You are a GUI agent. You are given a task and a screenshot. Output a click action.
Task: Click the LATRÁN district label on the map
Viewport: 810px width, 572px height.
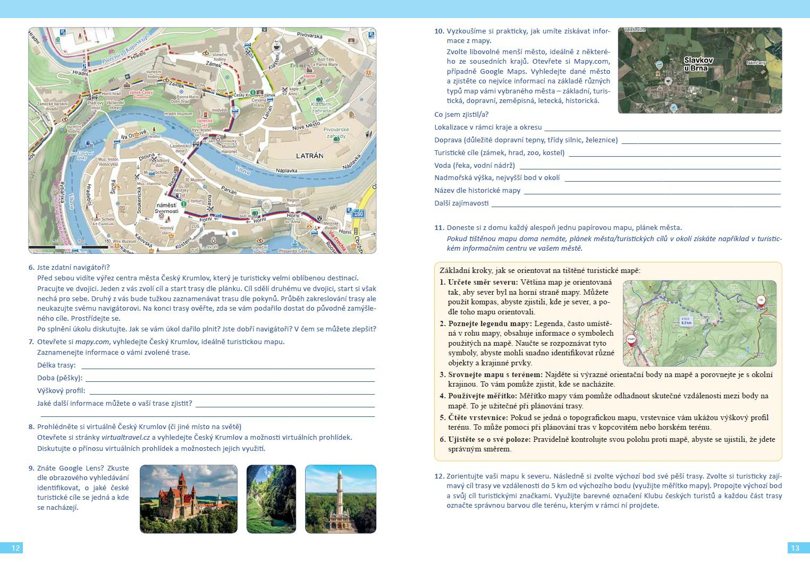pos(309,156)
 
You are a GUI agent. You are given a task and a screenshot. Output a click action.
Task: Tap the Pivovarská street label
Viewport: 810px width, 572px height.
pos(309,36)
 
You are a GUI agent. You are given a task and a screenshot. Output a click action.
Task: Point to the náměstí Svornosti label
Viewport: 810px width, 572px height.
pos(166,208)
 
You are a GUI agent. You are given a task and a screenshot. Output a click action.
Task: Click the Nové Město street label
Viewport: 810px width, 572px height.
pos(306,126)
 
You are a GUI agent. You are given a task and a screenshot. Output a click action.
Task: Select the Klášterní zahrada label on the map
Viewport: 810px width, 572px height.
pos(321,107)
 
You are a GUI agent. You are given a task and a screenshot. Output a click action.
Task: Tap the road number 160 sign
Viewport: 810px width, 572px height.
pos(359,214)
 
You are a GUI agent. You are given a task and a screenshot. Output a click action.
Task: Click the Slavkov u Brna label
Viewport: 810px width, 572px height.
pos(698,64)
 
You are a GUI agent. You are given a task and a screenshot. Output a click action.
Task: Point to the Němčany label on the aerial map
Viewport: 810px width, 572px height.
pos(756,63)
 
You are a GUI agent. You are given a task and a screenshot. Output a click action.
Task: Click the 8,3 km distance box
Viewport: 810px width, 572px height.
pos(686,321)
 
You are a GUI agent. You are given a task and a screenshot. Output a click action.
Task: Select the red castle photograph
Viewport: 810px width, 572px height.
pos(188,499)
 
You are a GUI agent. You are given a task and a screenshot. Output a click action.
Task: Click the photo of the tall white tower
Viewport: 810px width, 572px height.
pos(340,499)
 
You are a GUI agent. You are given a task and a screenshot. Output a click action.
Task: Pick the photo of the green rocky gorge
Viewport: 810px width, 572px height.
pos(271,499)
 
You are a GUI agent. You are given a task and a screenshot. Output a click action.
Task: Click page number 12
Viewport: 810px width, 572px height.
pos(15,548)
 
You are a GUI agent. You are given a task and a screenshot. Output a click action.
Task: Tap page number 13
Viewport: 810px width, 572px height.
pos(795,548)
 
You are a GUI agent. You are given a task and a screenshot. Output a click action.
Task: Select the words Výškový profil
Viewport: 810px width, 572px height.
pos(61,391)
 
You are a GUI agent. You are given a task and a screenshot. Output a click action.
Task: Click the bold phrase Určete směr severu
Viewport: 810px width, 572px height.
pos(482,283)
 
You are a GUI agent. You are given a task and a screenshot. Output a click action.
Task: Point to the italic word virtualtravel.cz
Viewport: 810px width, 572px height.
pos(125,438)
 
